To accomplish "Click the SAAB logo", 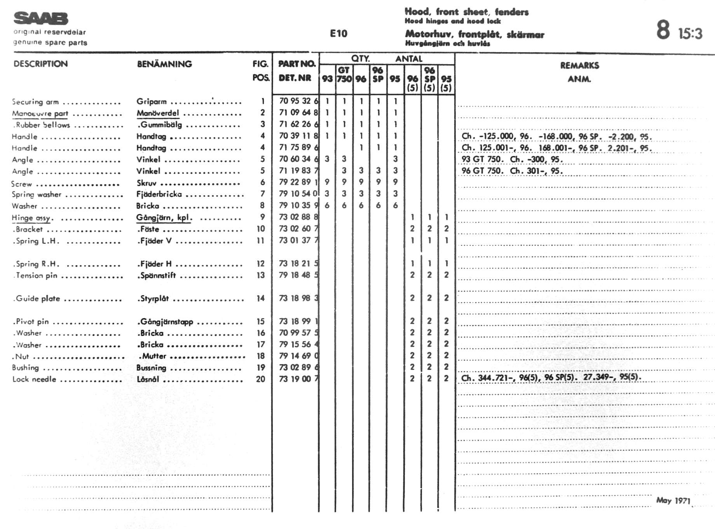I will point(41,18).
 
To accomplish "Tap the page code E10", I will point(338,33).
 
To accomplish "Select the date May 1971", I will point(673,500).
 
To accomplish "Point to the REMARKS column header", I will point(579,65).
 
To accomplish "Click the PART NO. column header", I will point(296,64).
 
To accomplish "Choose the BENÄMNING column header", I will point(164,64).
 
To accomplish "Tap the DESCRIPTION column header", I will point(40,64).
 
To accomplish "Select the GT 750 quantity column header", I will point(344,74).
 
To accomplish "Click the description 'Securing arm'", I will point(35,102).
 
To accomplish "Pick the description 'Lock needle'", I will point(34,379).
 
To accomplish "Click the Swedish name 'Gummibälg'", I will point(160,125).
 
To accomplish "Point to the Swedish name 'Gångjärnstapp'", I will point(166,322).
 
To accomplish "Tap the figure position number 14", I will point(260,298).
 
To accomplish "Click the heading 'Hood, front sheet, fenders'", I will point(466,12).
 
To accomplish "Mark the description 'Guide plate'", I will point(38,299).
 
